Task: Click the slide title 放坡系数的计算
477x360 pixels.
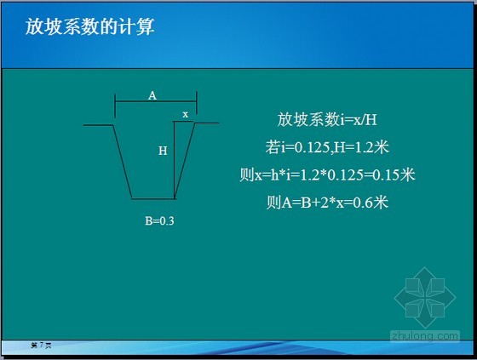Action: (x=89, y=27)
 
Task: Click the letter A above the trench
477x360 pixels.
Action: (x=152, y=95)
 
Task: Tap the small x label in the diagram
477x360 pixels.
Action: (x=185, y=113)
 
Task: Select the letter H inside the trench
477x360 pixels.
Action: (x=163, y=151)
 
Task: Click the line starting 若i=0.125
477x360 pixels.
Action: (x=327, y=147)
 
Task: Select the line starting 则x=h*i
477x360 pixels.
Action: (x=327, y=175)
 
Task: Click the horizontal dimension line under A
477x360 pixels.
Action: (x=155, y=104)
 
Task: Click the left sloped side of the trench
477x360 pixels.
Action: (x=123, y=162)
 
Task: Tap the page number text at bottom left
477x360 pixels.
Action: (x=41, y=345)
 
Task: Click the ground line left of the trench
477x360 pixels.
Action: (x=98, y=124)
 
